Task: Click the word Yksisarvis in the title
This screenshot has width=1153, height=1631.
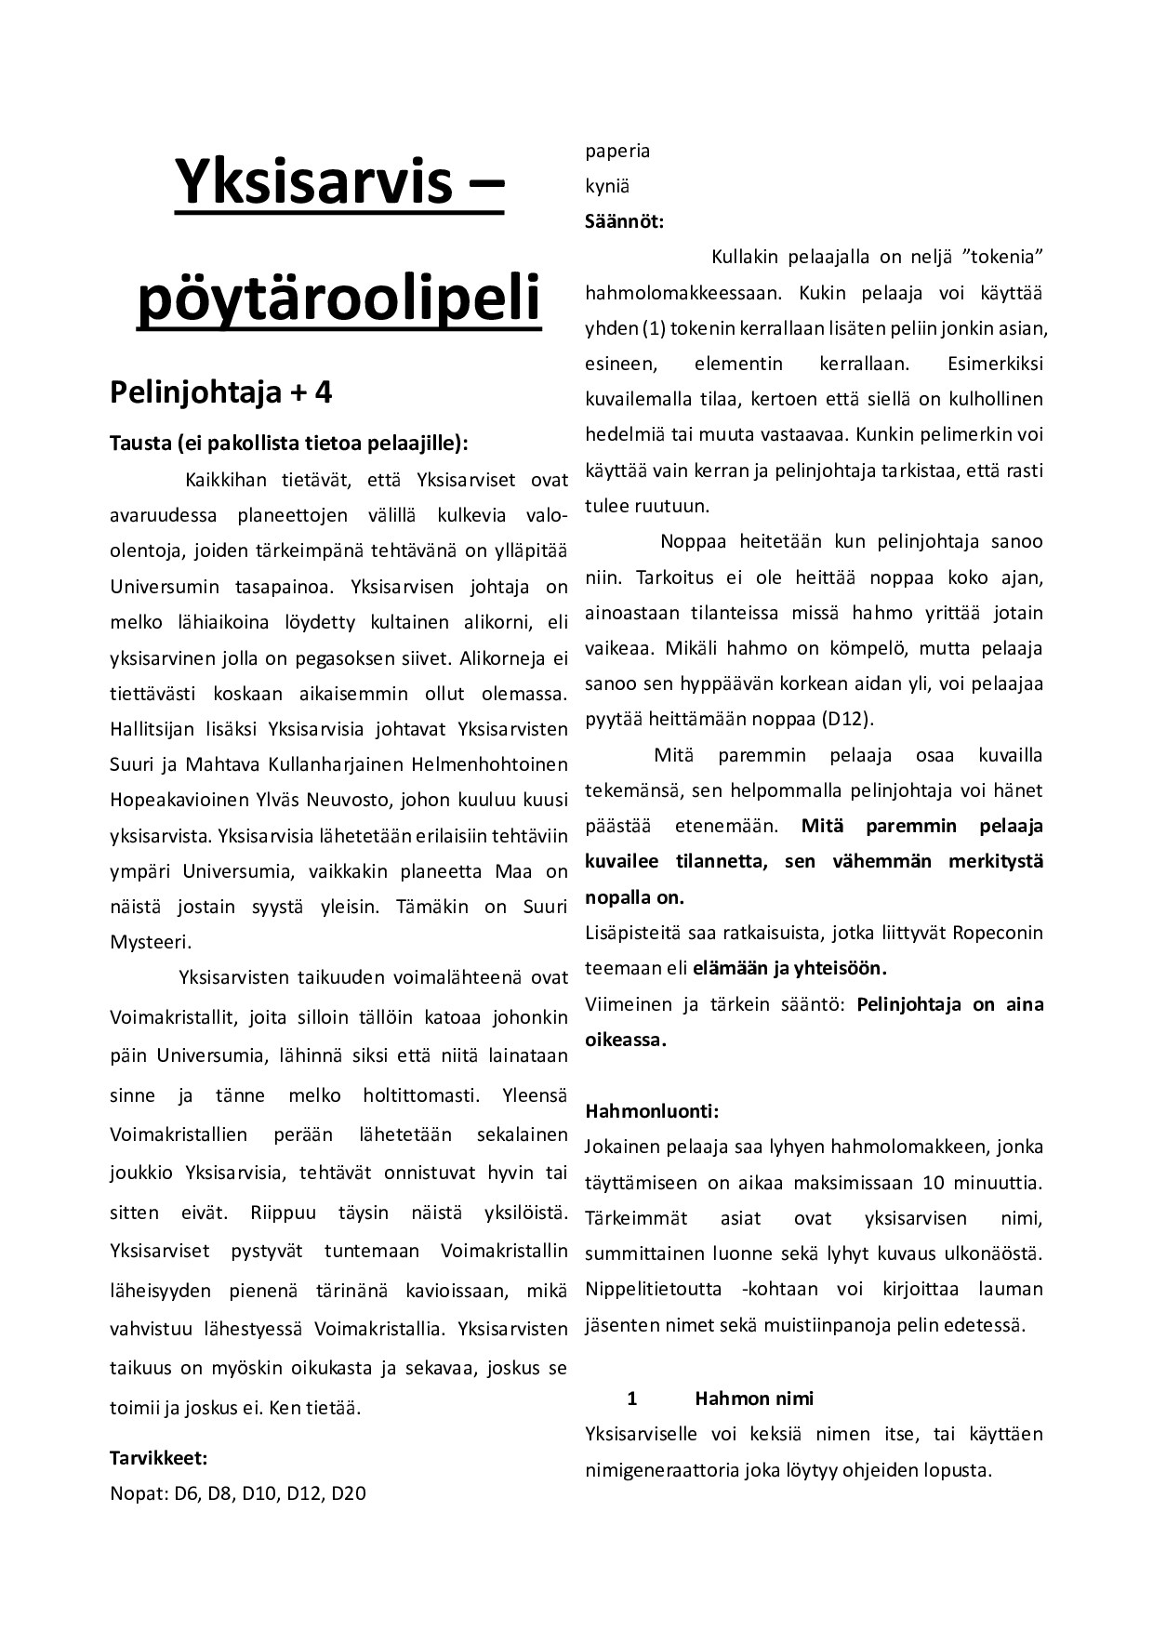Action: [x=306, y=184]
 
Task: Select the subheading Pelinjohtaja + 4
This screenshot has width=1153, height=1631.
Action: [x=220, y=392]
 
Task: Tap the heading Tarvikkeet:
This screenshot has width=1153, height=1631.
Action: [x=158, y=1456]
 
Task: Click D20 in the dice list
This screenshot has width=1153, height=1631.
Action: [x=348, y=1492]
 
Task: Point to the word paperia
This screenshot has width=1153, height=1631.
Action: [x=617, y=151]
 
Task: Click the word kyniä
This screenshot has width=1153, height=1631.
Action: [x=607, y=186]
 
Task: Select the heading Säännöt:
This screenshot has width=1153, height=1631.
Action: [x=624, y=221]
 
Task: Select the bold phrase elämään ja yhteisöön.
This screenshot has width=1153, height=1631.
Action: [x=789, y=968]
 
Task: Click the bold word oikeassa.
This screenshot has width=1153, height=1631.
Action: [x=625, y=1040]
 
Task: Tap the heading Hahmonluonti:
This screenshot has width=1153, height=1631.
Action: [x=651, y=1110]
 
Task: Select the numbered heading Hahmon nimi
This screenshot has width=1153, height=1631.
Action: [x=753, y=1399]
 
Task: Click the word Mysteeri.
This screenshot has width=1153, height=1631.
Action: [x=150, y=941]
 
